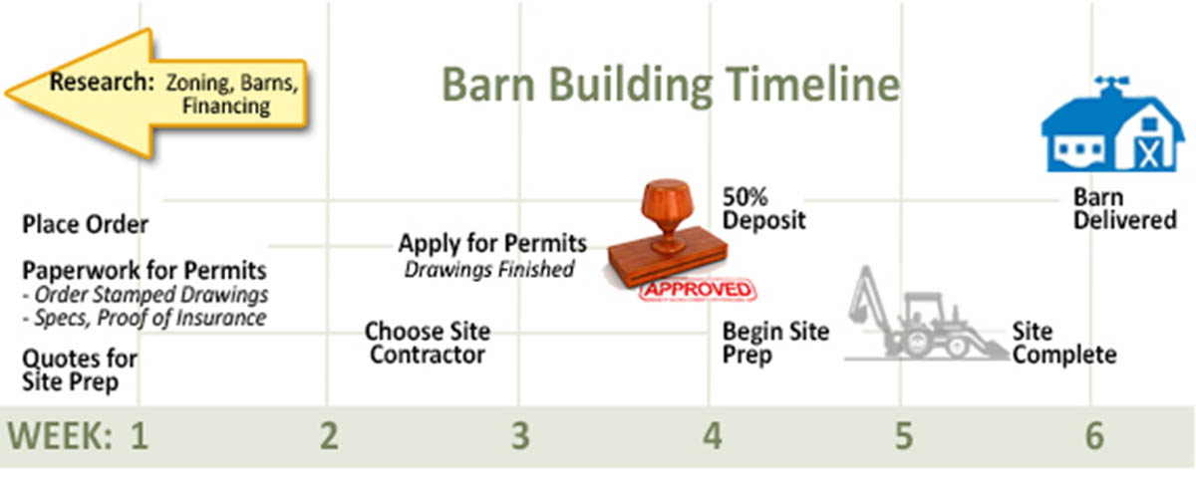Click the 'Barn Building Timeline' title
tap(671, 86)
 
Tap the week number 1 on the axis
tap(140, 436)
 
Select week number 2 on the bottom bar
tap(329, 436)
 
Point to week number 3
tap(520, 436)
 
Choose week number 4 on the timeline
tap(713, 436)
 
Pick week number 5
tap(903, 436)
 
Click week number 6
tap(1094, 436)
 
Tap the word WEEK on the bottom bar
tap(60, 436)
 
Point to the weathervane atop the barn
tap(1111, 86)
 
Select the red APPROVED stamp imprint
tap(698, 290)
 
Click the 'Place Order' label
tap(85, 225)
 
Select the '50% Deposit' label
tap(763, 209)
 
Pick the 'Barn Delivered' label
tap(1125, 209)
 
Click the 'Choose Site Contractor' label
tap(428, 344)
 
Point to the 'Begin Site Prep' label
tap(775, 344)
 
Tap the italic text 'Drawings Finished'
tap(489, 270)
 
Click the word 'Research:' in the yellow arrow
tap(102, 83)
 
